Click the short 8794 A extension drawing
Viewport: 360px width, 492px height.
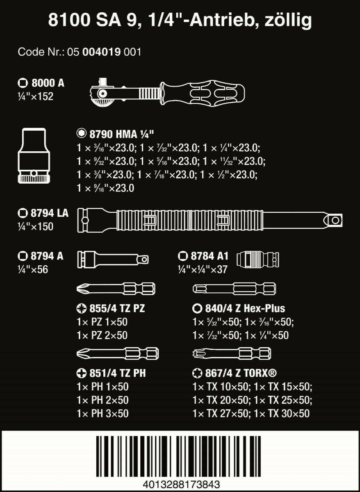tap(113, 259)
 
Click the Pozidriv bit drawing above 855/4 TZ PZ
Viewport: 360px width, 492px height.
tap(116, 288)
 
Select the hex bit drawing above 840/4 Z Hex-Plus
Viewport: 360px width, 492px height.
tap(234, 288)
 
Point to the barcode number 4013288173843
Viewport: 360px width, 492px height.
tap(181, 484)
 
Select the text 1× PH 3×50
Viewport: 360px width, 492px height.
tap(103, 413)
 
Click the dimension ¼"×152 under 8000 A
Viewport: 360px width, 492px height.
tap(36, 98)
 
